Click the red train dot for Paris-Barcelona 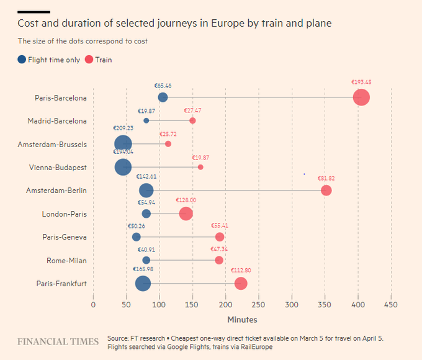361,97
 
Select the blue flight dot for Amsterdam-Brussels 123,144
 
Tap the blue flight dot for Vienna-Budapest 123,167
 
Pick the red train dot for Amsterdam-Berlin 326,191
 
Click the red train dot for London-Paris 186,214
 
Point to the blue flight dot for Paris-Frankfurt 143,284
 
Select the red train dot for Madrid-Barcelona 192,120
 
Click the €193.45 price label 361,81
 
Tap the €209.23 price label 123,128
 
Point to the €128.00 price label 186,200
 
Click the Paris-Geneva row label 65,237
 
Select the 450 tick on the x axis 391,305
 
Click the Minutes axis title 242,320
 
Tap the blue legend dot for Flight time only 22,60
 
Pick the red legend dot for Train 89,60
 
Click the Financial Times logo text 58,342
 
